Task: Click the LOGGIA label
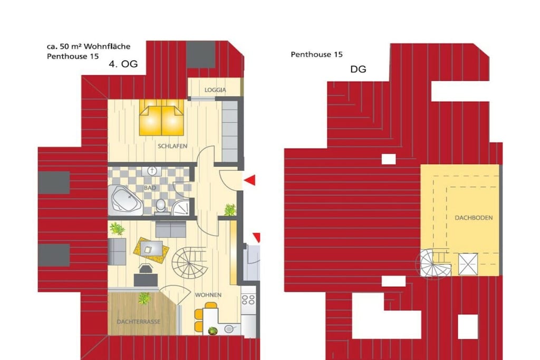(215, 90)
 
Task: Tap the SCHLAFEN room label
(172, 146)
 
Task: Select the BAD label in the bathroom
(150, 188)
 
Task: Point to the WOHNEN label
(208, 295)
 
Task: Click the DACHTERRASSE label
(139, 322)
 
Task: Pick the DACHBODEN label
(474, 218)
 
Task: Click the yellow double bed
(161, 118)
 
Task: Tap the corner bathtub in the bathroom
(125, 200)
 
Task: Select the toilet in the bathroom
(160, 206)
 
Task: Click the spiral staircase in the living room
(189, 264)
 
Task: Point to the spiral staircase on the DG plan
(433, 264)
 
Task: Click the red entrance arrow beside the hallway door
(250, 180)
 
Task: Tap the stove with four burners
(248, 299)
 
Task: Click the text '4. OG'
(123, 64)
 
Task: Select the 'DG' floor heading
(358, 69)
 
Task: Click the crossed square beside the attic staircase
(468, 264)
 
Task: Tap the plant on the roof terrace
(144, 298)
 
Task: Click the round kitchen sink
(229, 329)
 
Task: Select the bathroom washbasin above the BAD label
(151, 171)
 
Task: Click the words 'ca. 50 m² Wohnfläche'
(89, 46)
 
